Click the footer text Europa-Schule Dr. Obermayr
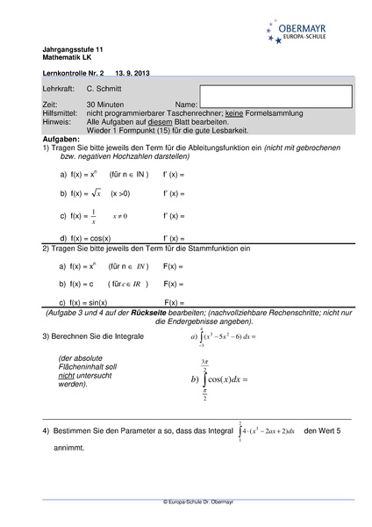point(186,501)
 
